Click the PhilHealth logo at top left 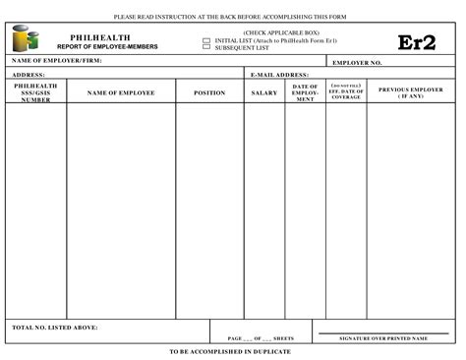[26, 39]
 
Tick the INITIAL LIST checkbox [206, 40]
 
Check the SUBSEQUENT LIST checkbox [206, 47]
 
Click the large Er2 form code [416, 42]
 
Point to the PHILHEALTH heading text [100, 37]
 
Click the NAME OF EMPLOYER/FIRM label [56, 61]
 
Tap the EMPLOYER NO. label [358, 62]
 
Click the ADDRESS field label [29, 74]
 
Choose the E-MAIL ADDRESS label [279, 74]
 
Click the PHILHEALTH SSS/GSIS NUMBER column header [36, 92]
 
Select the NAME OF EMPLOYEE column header [121, 92]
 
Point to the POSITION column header [209, 92]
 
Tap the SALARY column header [264, 92]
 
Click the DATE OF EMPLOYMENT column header [305, 92]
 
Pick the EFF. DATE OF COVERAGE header [346, 92]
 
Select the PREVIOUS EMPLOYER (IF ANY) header [411, 91]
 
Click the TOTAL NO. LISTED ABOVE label [54, 327]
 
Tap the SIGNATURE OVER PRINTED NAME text [383, 337]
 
